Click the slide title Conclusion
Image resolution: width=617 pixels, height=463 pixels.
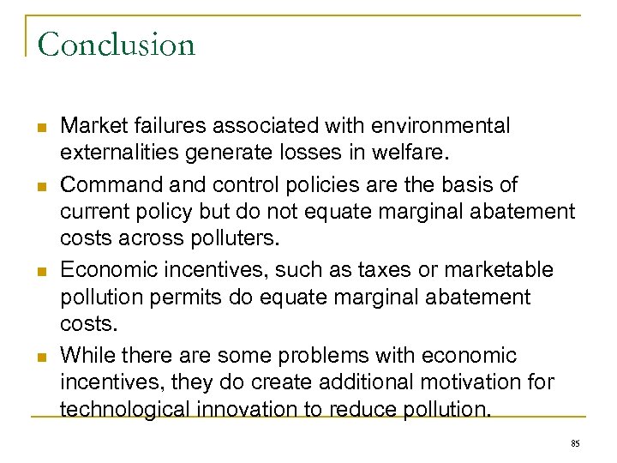coord(117,45)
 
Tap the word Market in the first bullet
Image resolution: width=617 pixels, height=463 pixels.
coord(90,126)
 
